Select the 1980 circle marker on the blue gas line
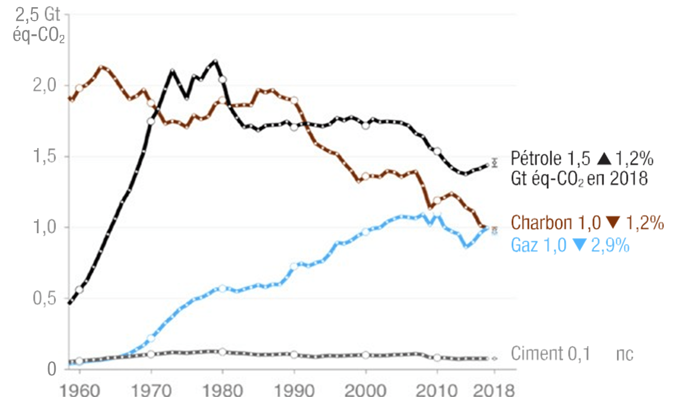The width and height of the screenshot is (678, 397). tap(222, 288)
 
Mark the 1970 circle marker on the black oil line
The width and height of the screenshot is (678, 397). tap(151, 121)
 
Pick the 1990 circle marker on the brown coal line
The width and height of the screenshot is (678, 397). tap(294, 100)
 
